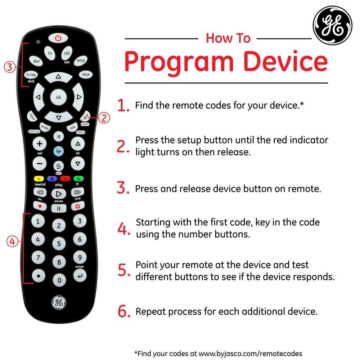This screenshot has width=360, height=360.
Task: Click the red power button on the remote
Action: [58, 37]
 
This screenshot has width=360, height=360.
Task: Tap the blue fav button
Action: [59, 152]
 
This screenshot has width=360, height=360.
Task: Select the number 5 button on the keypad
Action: [59, 244]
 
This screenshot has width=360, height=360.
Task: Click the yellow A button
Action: [39, 179]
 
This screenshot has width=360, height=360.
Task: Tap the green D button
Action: [78, 179]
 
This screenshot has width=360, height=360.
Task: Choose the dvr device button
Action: [36, 61]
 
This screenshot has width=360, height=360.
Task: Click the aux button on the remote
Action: [85, 75]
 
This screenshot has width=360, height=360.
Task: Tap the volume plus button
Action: [40, 144]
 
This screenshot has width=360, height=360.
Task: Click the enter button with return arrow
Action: [80, 276]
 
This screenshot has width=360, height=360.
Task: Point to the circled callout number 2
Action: [104, 118]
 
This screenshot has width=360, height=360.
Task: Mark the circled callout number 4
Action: [12, 242]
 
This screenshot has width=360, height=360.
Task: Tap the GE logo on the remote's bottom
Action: [59, 302]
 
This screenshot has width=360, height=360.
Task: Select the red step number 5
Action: [123, 270]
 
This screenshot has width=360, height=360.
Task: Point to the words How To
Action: [228, 38]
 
